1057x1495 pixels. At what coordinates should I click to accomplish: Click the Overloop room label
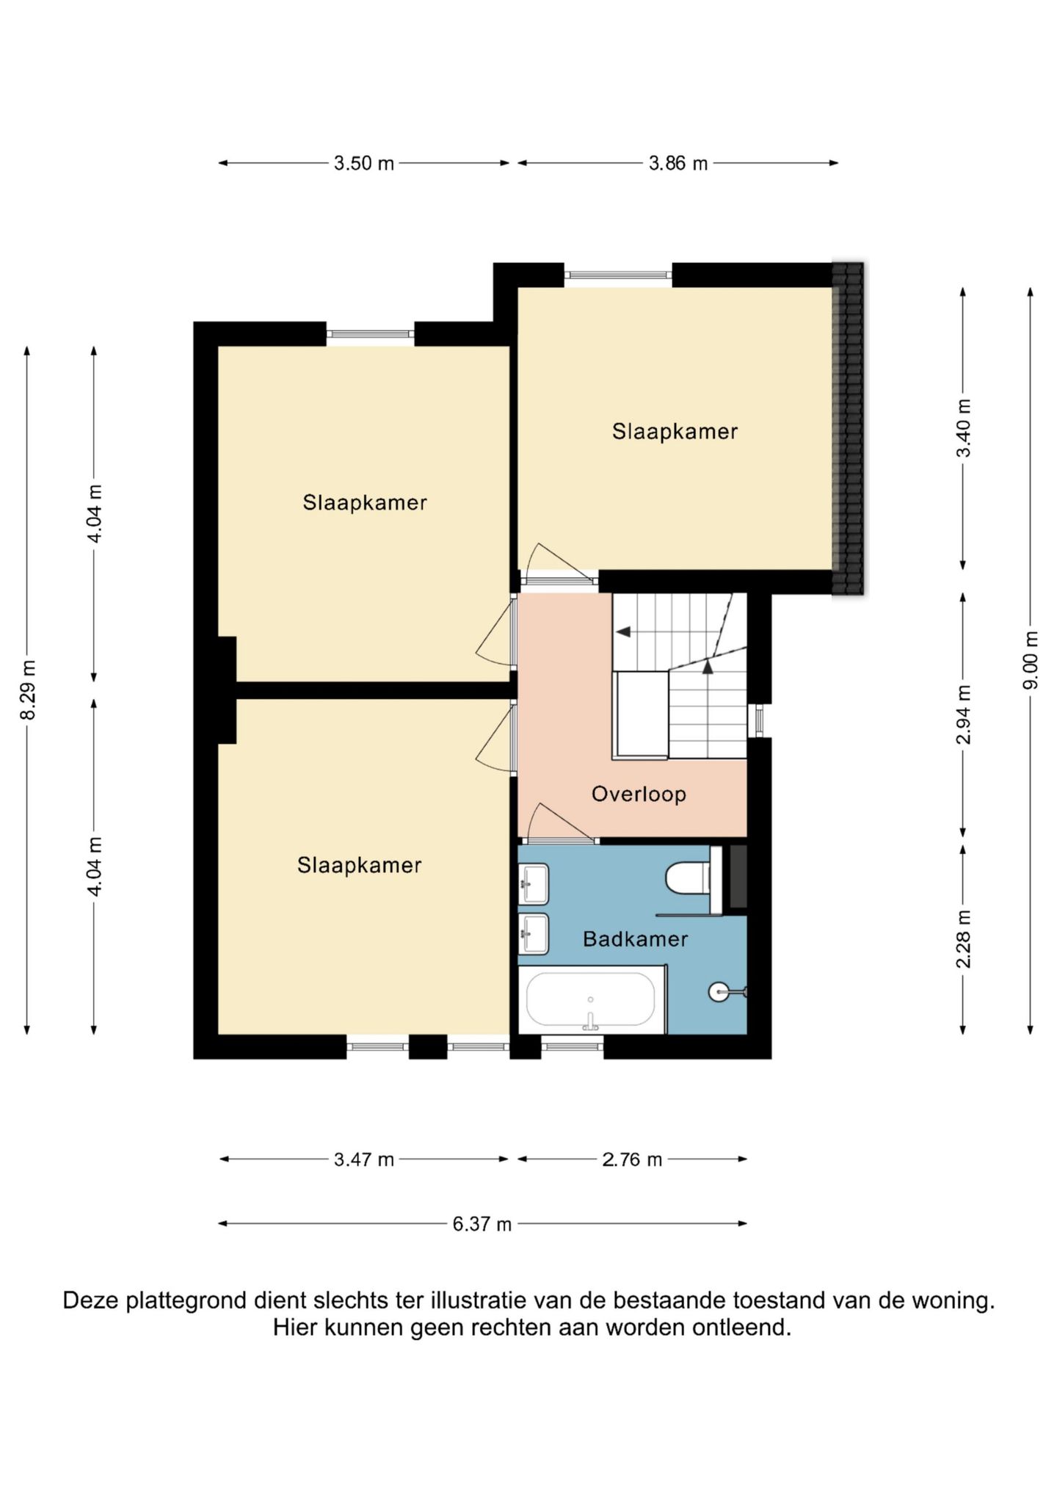click(x=639, y=794)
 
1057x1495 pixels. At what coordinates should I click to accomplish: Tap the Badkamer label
click(x=635, y=939)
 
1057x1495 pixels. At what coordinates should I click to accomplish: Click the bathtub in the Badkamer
click(x=591, y=999)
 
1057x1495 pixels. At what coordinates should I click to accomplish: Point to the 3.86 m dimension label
click(x=678, y=163)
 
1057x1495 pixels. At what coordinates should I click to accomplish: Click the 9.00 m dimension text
click(x=1031, y=660)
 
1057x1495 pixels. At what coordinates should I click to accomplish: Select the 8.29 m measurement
click(x=27, y=690)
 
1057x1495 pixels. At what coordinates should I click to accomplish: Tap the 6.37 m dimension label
click(x=482, y=1224)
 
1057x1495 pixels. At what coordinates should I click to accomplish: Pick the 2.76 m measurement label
click(x=632, y=1159)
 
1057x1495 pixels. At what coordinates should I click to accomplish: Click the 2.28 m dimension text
click(x=963, y=939)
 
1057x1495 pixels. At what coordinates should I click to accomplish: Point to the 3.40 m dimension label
click(x=963, y=428)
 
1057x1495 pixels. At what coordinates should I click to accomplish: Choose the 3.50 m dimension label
click(x=364, y=163)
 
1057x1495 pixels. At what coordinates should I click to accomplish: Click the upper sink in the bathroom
click(x=534, y=884)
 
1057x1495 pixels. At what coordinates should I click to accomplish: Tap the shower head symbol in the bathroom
click(x=720, y=992)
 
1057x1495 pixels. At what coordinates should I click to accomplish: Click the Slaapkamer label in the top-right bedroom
click(x=675, y=431)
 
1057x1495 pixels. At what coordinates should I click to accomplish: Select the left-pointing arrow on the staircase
click(x=623, y=631)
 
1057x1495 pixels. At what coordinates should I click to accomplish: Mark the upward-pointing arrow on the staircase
click(x=708, y=667)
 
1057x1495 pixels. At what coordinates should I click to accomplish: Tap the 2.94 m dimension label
click(x=963, y=714)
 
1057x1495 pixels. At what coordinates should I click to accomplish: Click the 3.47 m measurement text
click(x=364, y=1159)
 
